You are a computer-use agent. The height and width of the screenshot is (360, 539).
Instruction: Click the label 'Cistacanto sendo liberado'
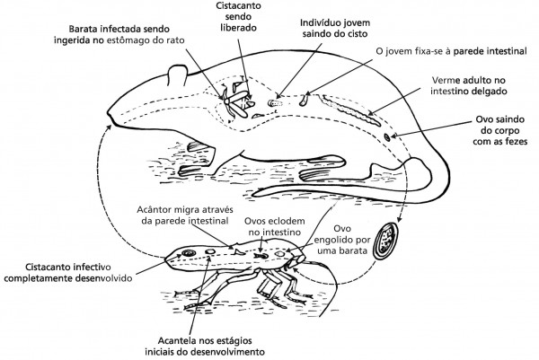[x=238, y=16]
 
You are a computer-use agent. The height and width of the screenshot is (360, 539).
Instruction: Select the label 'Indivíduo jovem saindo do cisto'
[x=335, y=28]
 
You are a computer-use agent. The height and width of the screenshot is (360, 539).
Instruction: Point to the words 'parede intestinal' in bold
[x=490, y=51]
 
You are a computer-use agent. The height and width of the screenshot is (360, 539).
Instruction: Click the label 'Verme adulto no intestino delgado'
[x=469, y=85]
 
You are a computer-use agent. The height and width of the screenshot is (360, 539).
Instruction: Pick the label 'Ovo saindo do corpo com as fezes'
[x=499, y=130]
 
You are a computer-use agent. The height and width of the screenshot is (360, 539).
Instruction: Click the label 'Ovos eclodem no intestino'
[x=274, y=226]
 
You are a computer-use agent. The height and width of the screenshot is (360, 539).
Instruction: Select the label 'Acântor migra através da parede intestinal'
[x=185, y=215]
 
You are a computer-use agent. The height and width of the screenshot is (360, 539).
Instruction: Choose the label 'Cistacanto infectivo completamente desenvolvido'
[x=68, y=272]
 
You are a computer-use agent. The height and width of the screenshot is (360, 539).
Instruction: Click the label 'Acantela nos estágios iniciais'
[x=205, y=347]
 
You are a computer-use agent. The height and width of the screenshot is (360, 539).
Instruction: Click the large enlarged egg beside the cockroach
[x=385, y=241]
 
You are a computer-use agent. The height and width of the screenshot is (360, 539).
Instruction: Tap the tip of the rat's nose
[x=109, y=113]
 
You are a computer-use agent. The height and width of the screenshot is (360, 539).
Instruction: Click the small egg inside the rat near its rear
[x=387, y=137]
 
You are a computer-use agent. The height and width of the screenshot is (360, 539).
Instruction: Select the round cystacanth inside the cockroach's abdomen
[x=189, y=253]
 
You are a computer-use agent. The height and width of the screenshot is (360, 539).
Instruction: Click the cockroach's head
[x=297, y=259]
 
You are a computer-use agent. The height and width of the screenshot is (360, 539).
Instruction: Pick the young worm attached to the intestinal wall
[x=304, y=100]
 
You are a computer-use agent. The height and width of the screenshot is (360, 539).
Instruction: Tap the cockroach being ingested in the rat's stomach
[x=235, y=102]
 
